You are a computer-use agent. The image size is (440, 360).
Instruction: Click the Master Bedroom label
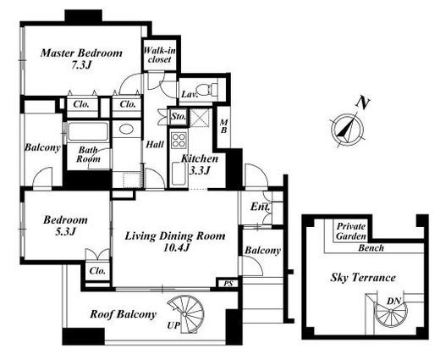pyautogui.click(x=81, y=59)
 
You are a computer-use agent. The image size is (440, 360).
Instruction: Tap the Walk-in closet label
pyautogui.click(x=160, y=55)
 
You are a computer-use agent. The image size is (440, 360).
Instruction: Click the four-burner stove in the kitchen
pyautogui.click(x=179, y=140)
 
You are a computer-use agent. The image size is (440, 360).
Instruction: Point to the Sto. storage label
pyautogui.click(x=179, y=116)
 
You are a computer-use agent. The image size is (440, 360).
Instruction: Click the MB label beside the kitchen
pyautogui.click(x=223, y=126)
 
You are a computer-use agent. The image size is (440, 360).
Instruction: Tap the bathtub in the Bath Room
pyautogui.click(x=88, y=131)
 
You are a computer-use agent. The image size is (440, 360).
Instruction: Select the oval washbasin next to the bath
pyautogui.click(x=127, y=130)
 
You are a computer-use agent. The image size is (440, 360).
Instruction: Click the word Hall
pyautogui.click(x=155, y=145)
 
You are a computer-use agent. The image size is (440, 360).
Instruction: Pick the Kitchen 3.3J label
pyautogui.click(x=200, y=164)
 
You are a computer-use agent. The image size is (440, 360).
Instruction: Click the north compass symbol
pyautogui.click(x=347, y=130)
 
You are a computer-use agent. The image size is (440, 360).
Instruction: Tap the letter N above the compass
pyautogui.click(x=362, y=102)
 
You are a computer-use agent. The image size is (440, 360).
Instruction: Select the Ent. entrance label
pyautogui.click(x=260, y=207)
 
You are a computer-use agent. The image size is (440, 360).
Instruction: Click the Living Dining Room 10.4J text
pyautogui.click(x=175, y=241)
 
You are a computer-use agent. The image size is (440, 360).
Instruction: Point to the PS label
pyautogui.click(x=228, y=283)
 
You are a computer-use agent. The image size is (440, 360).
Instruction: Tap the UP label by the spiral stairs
pyautogui.click(x=173, y=325)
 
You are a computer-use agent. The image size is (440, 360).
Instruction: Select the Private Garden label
pyautogui.click(x=351, y=231)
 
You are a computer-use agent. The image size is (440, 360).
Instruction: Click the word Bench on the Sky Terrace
pyautogui.click(x=371, y=248)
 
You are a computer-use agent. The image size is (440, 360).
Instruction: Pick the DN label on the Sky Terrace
pyautogui.click(x=393, y=302)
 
